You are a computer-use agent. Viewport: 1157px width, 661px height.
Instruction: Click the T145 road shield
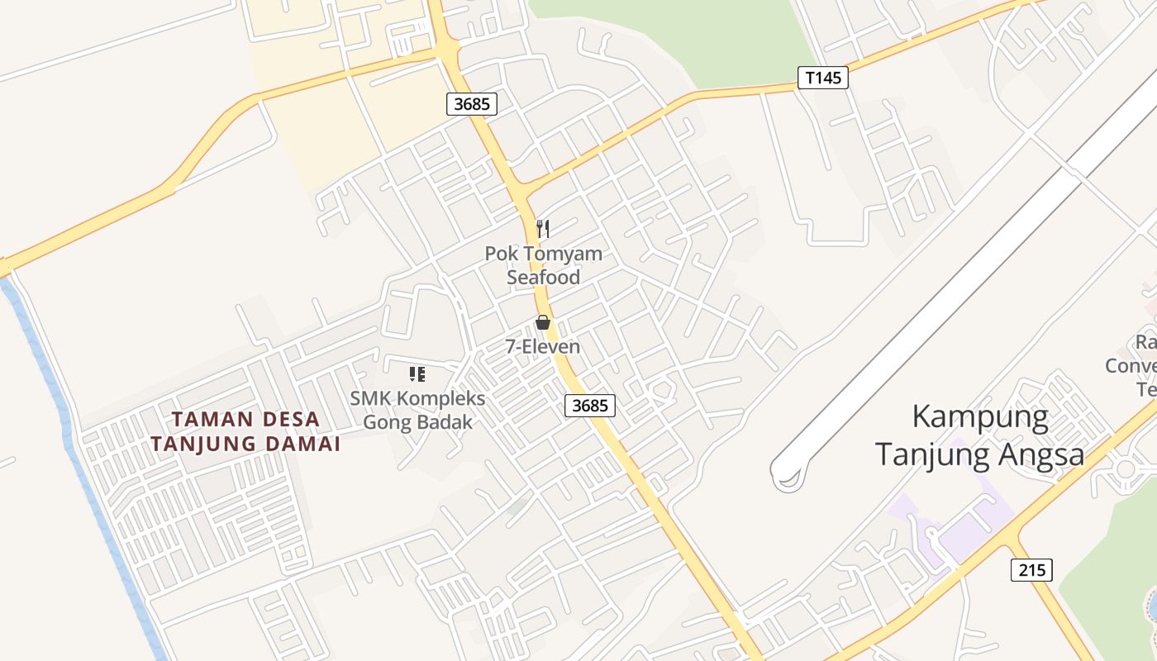(823, 78)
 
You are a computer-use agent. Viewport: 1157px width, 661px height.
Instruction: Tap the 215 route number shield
(1031, 569)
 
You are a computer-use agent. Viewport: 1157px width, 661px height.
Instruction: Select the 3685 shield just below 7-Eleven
(590, 405)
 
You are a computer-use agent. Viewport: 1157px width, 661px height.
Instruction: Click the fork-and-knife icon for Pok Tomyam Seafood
(543, 229)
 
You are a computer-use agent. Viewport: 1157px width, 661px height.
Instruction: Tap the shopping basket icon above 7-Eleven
(543, 322)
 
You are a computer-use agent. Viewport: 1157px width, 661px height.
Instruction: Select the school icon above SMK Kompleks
(417, 374)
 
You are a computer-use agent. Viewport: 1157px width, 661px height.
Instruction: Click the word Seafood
(543, 278)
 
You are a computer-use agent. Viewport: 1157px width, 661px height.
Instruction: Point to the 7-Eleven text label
(543, 347)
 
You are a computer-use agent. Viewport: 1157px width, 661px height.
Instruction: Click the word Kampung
(980, 417)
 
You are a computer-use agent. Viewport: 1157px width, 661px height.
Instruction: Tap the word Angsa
(1040, 454)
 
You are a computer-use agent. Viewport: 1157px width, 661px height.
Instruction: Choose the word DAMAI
(303, 444)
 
